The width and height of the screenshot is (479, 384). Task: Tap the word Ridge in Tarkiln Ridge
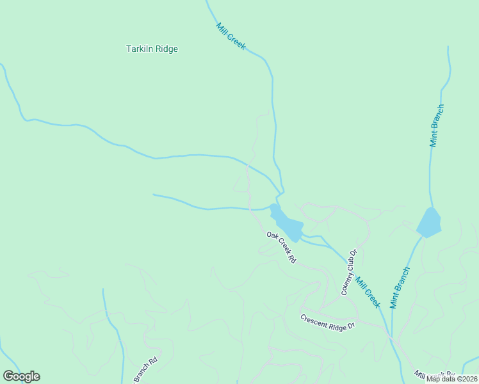[x=166, y=49]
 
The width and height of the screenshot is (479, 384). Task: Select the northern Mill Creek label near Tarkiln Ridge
[x=231, y=37]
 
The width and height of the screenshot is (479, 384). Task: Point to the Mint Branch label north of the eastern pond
[x=437, y=125]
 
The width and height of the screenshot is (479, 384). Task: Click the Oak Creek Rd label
[x=282, y=248]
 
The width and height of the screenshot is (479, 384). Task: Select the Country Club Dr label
[x=348, y=272]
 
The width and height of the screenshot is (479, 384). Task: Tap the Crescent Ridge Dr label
[x=327, y=322]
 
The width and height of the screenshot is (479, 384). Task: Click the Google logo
[x=21, y=376]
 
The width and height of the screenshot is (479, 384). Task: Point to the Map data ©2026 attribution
[x=451, y=379]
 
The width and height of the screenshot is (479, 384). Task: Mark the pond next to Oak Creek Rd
[x=287, y=224]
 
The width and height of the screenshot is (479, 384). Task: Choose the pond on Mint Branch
[x=428, y=222]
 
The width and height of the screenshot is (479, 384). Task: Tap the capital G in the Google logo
[x=8, y=376]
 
